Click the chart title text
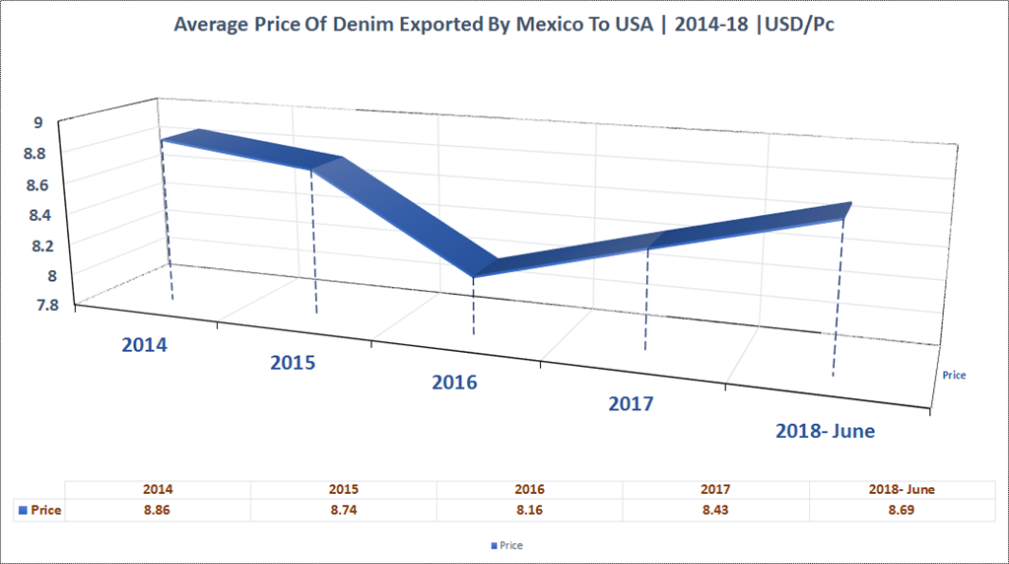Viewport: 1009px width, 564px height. click(504, 25)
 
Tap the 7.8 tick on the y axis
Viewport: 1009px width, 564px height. click(45, 305)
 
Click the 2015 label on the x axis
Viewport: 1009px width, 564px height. click(293, 363)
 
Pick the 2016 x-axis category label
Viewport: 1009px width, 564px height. click(454, 383)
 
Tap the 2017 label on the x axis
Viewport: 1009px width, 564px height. click(631, 403)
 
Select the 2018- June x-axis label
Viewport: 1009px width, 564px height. click(825, 431)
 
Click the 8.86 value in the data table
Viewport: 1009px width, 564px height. click(158, 511)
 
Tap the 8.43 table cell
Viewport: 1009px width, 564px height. click(716, 511)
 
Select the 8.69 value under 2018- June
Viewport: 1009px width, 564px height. click(903, 511)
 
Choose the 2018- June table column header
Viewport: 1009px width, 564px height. click(903, 489)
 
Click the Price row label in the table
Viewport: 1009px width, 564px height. click(40, 511)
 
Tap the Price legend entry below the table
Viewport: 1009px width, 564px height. click(505, 545)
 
